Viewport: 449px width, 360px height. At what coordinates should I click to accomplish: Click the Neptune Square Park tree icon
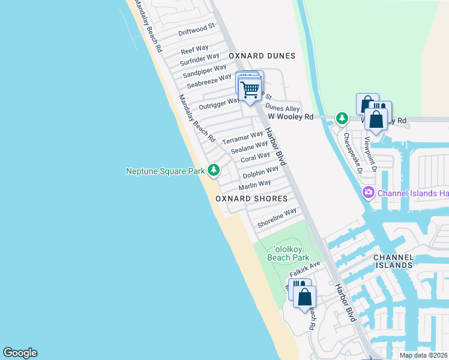click(213, 171)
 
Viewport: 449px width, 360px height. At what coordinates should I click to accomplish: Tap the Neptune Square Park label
click(165, 172)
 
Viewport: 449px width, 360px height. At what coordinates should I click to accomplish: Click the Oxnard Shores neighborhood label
click(251, 199)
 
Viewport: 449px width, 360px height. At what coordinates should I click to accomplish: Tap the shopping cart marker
click(250, 90)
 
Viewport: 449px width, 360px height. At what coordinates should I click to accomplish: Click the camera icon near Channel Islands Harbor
click(367, 193)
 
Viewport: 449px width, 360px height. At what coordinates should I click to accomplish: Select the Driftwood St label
click(196, 29)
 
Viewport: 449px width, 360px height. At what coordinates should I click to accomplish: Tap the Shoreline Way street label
click(277, 218)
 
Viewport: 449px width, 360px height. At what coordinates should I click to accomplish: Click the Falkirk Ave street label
click(305, 269)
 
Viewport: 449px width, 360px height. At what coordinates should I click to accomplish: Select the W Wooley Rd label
click(291, 117)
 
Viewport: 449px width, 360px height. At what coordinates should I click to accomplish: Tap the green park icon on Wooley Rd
click(342, 118)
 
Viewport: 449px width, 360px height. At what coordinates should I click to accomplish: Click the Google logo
click(20, 353)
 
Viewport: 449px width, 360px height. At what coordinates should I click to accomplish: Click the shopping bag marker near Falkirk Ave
click(305, 296)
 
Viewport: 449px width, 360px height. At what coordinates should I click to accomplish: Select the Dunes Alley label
click(282, 108)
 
